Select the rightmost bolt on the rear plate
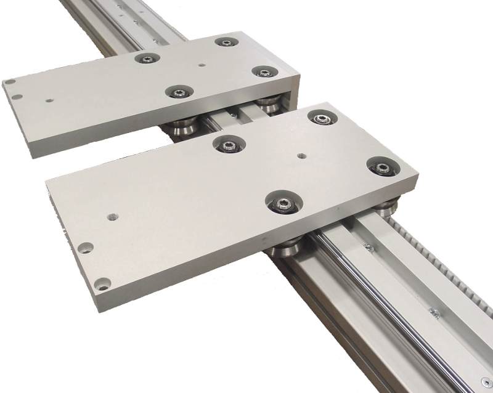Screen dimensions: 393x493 [x=264, y=72]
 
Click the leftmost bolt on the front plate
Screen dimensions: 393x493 [x=228, y=145]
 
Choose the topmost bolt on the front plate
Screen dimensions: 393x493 [x=321, y=118]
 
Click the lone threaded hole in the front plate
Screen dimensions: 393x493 [x=112, y=217]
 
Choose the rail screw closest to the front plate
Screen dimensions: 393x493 [x=369, y=248]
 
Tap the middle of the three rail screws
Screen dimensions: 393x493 [x=434, y=312]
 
